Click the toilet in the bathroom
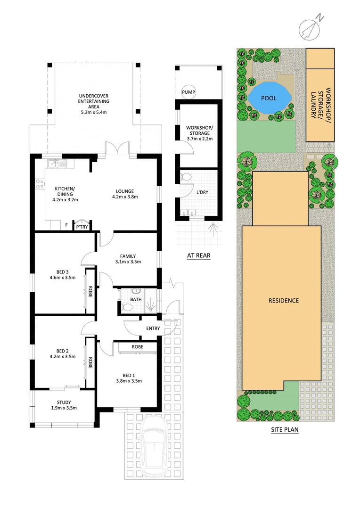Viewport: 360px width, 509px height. (x=127, y=307)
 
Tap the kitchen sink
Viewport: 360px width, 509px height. (x=57, y=164)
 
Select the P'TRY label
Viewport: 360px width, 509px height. (x=82, y=227)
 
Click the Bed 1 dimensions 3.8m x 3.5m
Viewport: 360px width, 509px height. (x=129, y=381)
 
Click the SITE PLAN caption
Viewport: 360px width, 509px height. (x=285, y=429)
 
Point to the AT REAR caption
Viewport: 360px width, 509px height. (x=198, y=256)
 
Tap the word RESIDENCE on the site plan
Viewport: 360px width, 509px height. (x=284, y=300)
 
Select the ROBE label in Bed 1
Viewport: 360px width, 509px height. (x=137, y=346)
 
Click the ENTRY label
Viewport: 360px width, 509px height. (x=153, y=328)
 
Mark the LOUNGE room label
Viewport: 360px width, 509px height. (x=125, y=191)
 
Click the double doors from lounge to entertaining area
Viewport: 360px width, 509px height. (x=116, y=148)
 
